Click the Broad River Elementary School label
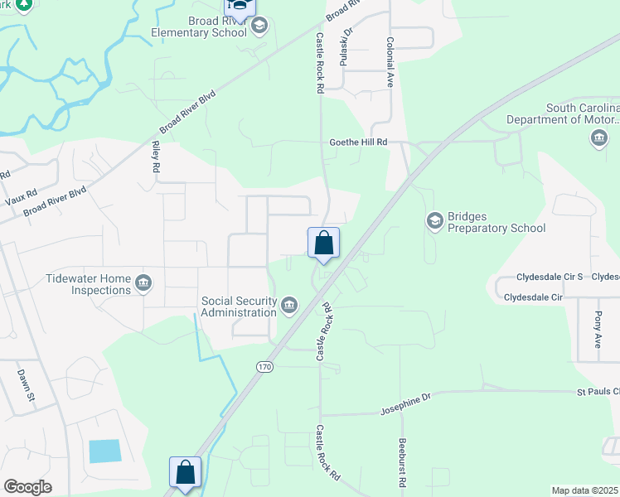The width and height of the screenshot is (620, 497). pyautogui.click(x=199, y=27)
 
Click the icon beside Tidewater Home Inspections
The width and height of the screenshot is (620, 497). pyautogui.click(x=143, y=284)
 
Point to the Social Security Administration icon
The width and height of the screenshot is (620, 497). pyautogui.click(x=289, y=306)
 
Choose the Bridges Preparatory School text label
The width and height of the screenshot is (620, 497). pyautogui.click(x=496, y=222)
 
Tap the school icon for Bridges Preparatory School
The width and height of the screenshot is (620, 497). pyautogui.click(x=434, y=221)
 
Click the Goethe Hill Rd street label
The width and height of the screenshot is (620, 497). pyautogui.click(x=359, y=142)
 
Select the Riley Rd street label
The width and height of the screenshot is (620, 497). pyautogui.click(x=155, y=155)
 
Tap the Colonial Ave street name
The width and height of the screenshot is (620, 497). pyautogui.click(x=389, y=63)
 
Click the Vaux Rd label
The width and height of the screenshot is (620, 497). pyautogui.click(x=20, y=197)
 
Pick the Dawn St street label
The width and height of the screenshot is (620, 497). pyautogui.click(x=25, y=384)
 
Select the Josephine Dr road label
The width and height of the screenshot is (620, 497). pyautogui.click(x=406, y=403)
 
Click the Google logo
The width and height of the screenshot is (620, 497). pyautogui.click(x=27, y=487)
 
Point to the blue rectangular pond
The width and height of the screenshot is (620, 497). pyautogui.click(x=104, y=451)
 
